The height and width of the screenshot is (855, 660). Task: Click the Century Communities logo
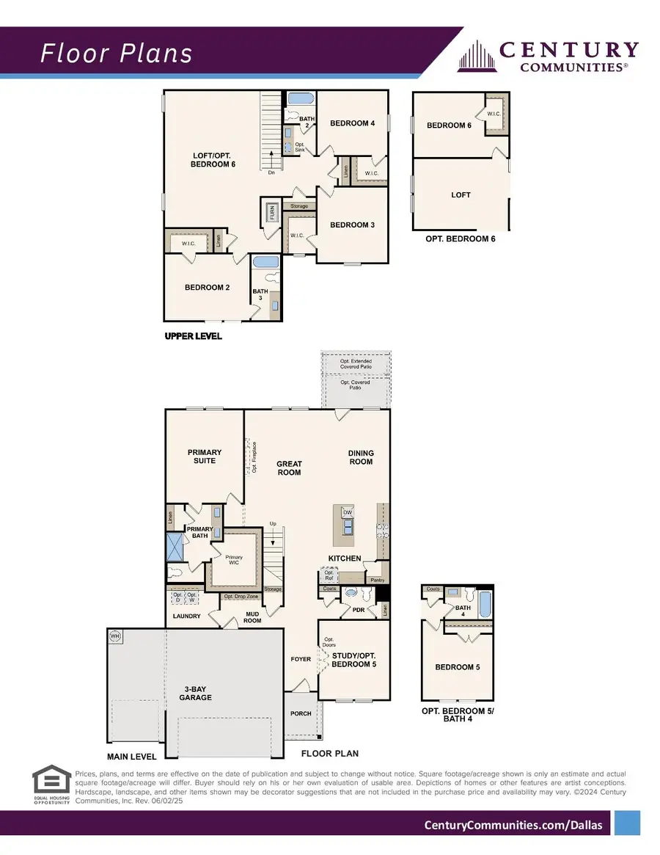pyautogui.click(x=548, y=56)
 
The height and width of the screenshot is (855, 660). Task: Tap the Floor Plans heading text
pyautogui.click(x=116, y=54)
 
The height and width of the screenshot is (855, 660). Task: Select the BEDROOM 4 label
pyautogui.click(x=352, y=123)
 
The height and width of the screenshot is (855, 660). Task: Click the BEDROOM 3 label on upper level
pyautogui.click(x=352, y=225)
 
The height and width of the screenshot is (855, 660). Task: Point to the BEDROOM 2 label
pyautogui.click(x=207, y=288)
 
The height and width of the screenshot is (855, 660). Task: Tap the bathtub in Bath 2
pyautogui.click(x=299, y=99)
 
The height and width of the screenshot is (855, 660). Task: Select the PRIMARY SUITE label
pyautogui.click(x=204, y=456)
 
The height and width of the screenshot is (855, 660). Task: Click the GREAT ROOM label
pyautogui.click(x=289, y=468)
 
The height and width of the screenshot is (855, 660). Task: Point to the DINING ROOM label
pyautogui.click(x=360, y=457)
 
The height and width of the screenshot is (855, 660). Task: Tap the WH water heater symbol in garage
pyautogui.click(x=114, y=636)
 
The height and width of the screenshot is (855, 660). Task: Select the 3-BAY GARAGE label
pyautogui.click(x=197, y=694)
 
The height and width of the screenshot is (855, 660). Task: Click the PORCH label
pyautogui.click(x=301, y=713)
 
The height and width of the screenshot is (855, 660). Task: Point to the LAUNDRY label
pyautogui.click(x=186, y=616)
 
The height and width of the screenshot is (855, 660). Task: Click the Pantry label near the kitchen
pyautogui.click(x=377, y=580)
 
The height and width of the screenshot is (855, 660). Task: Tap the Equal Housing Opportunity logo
pyautogui.click(x=51, y=786)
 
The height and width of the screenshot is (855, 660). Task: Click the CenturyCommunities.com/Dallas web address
pyautogui.click(x=513, y=825)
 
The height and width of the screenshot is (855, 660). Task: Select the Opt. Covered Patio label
pyautogui.click(x=355, y=385)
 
